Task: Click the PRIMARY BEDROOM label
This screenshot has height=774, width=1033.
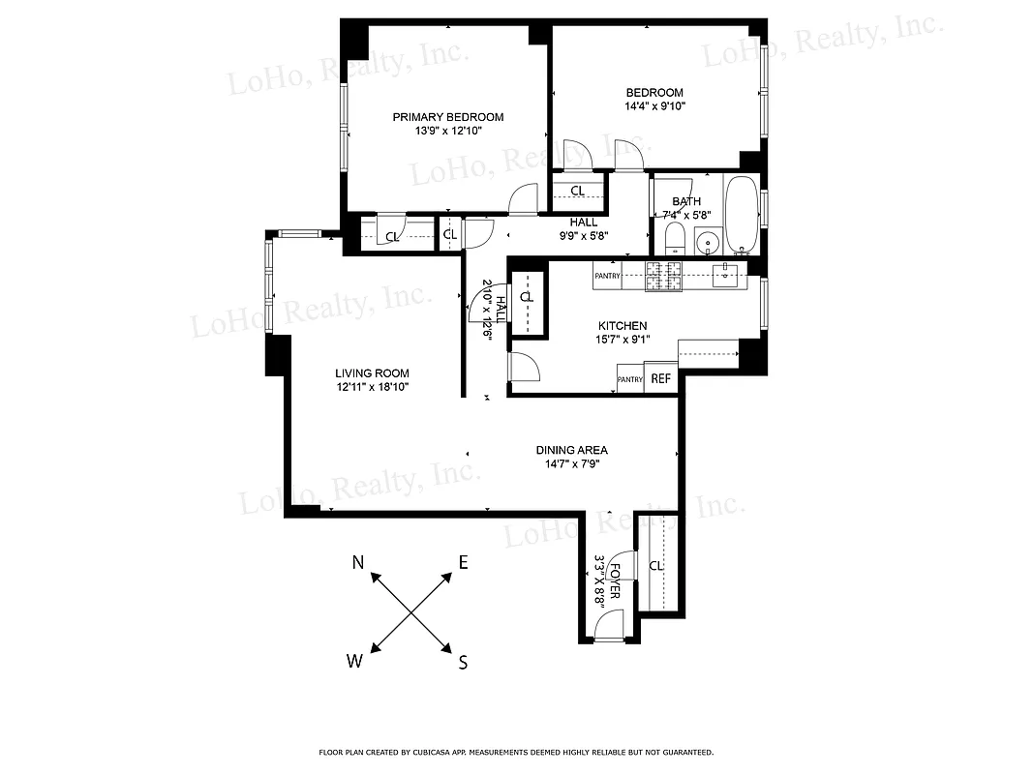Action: [447, 117]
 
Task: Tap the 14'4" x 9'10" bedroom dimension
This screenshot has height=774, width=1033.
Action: [654, 106]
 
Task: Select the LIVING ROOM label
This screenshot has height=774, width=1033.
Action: [372, 373]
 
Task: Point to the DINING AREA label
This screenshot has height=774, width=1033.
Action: [571, 450]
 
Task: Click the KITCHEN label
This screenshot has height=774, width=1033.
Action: [622, 326]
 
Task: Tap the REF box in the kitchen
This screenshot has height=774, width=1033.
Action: [660, 379]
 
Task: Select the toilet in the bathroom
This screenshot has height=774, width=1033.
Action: [676, 238]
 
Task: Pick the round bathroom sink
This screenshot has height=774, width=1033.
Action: [709, 242]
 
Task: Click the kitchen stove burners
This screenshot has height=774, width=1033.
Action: [664, 276]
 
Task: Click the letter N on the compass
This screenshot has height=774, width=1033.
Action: [357, 562]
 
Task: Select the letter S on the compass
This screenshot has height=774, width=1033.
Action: [463, 663]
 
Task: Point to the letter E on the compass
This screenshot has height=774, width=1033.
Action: [463, 562]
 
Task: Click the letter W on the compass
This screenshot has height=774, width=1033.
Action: [354, 662]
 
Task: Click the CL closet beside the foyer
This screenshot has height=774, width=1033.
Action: [655, 565]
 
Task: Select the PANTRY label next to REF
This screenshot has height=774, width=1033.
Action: [629, 379]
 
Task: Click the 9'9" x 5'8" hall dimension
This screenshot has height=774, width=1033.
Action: [582, 234]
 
